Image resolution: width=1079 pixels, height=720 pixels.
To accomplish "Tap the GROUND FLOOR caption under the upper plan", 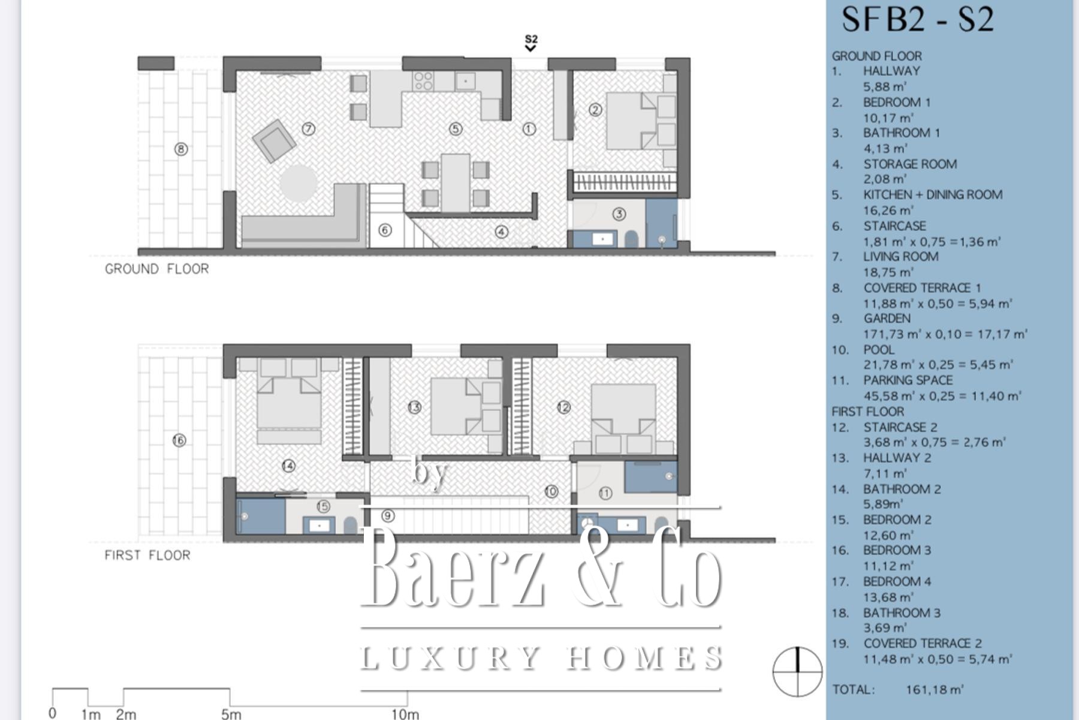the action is coord(157,269).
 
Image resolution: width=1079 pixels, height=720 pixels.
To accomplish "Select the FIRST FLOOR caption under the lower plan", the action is coord(147,555).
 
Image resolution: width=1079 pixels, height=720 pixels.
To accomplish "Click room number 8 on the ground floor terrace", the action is coord(181,149).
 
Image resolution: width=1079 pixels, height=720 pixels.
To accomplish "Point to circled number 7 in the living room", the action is coord(309,128).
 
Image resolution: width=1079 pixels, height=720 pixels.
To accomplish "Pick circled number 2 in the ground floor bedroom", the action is coord(595,109).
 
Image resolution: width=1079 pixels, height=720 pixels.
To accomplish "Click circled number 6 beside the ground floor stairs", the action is coord(385,230).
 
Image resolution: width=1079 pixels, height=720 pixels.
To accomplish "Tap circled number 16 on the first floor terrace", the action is coord(179,440).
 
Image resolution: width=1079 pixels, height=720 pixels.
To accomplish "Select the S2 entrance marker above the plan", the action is coord(531,43).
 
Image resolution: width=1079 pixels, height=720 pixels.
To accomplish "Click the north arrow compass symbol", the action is coord(797,671).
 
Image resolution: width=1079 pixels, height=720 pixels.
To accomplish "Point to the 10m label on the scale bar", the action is coord(405,714).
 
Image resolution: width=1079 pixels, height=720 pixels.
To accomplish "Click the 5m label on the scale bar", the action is coord(231,714).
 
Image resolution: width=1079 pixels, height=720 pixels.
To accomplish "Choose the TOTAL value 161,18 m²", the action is coord(935,689).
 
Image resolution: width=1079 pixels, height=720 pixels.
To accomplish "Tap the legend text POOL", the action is coord(879,349).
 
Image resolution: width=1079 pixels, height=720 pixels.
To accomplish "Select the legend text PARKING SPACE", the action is coord(908,380).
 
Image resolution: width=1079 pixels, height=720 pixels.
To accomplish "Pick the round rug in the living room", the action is coord(298,183).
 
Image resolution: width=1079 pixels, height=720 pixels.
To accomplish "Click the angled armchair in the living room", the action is coord(274,141).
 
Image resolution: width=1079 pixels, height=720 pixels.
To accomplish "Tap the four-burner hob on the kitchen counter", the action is coord(423,80).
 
